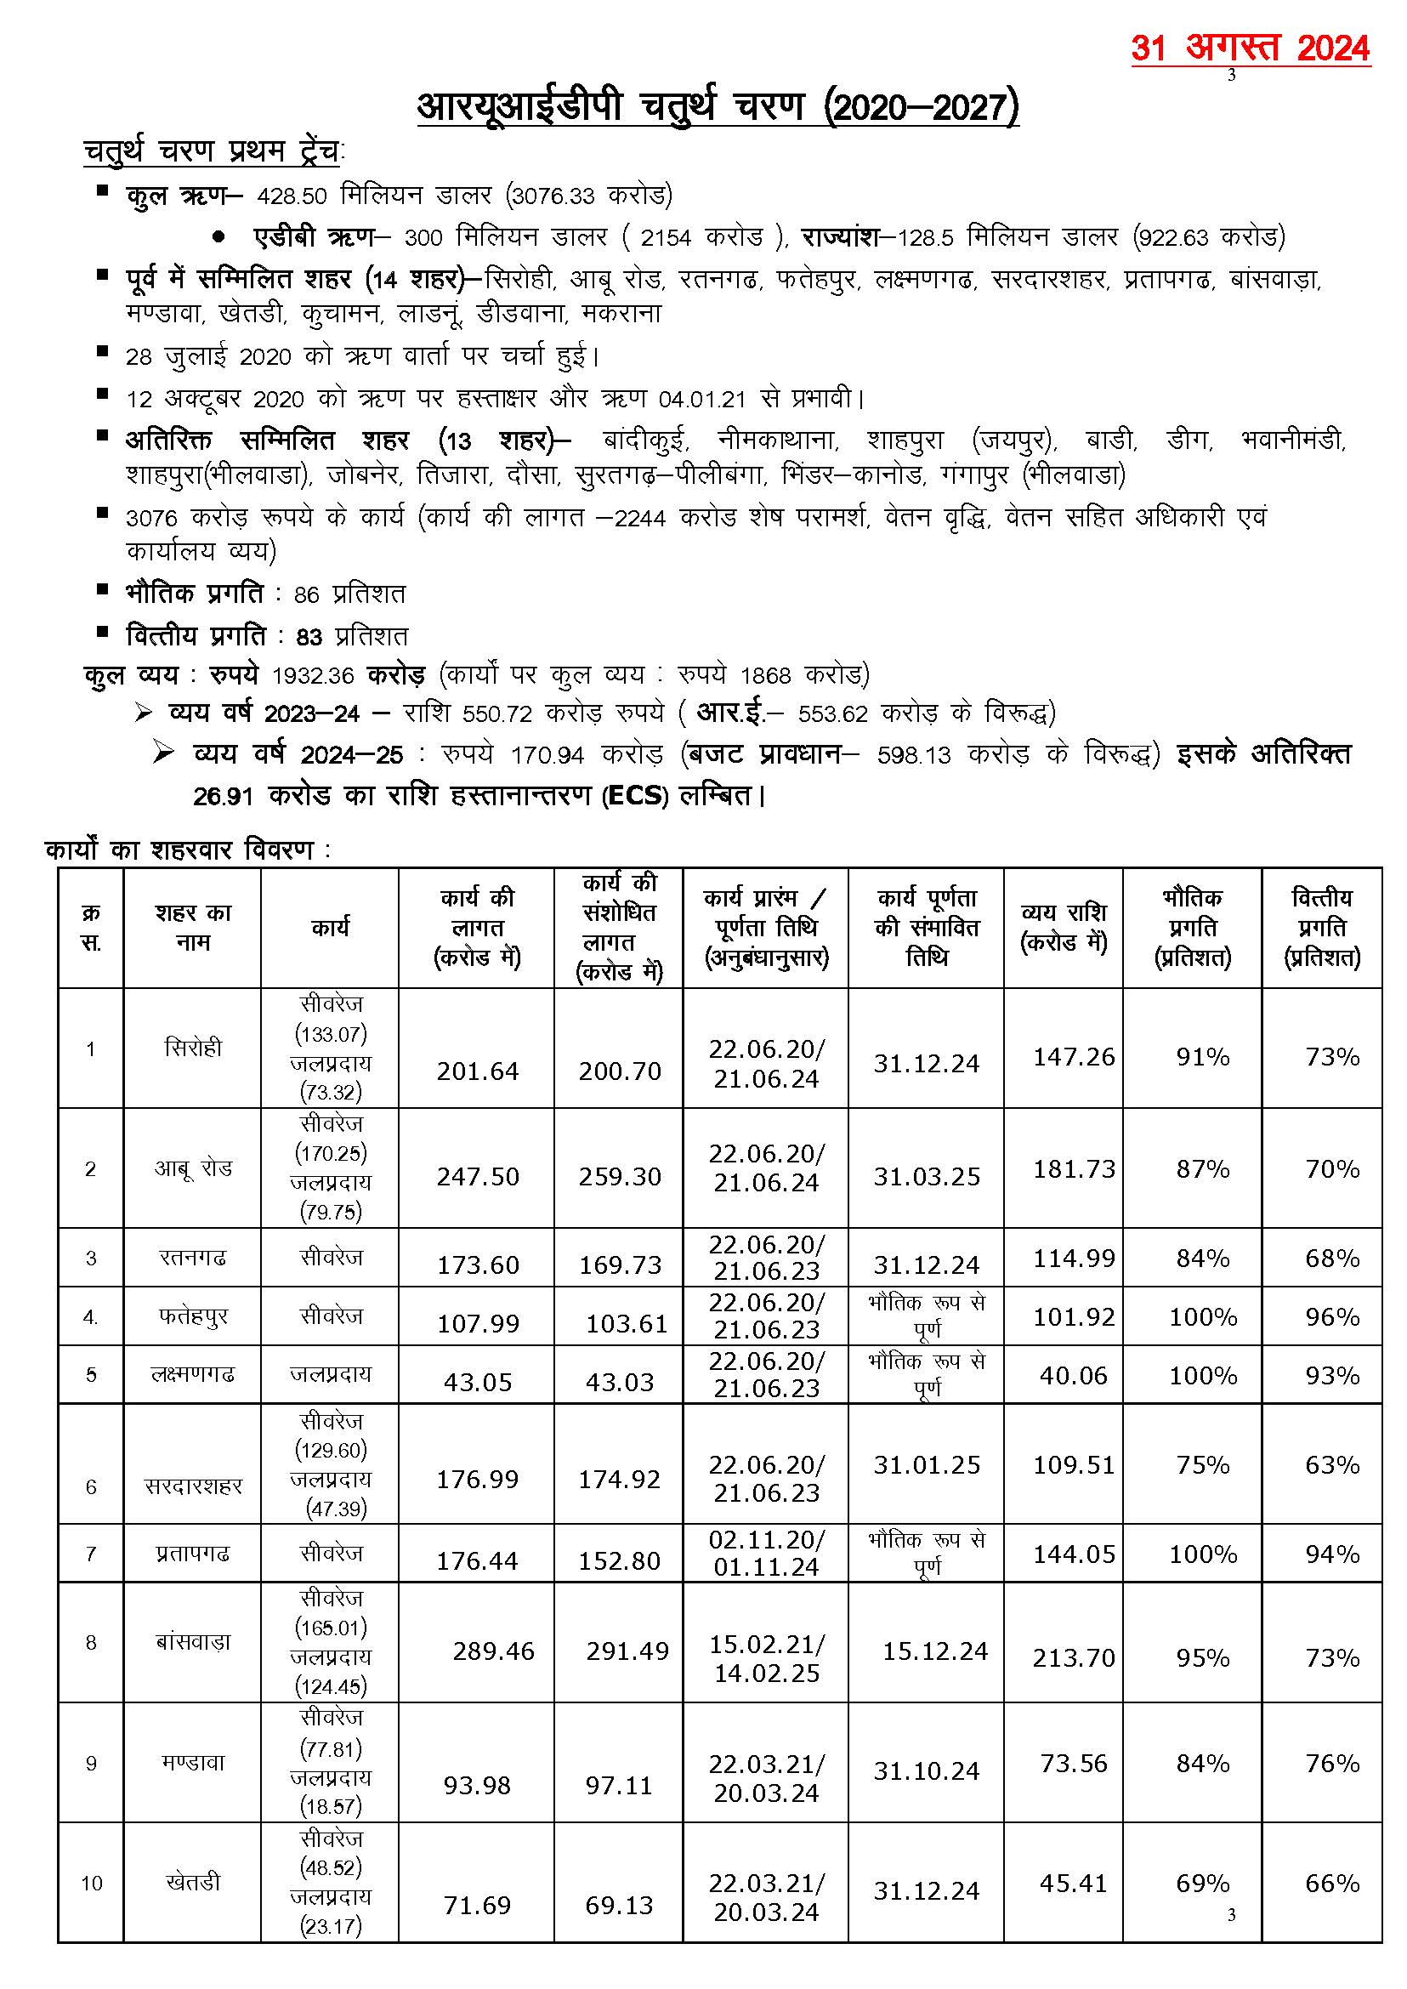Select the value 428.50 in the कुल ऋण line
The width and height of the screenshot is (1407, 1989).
click(x=291, y=196)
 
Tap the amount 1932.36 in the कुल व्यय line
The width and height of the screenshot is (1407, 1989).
click(x=315, y=675)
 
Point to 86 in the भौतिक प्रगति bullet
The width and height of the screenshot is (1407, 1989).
click(x=307, y=594)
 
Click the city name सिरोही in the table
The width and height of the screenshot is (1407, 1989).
click(x=192, y=1048)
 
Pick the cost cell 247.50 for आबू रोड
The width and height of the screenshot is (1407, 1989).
click(x=478, y=1176)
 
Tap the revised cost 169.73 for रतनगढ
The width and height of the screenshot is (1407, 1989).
click(x=620, y=1264)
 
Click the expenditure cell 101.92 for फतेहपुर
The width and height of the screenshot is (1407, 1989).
click(x=1074, y=1316)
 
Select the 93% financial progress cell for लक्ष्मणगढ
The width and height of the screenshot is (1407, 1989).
click(x=1331, y=1375)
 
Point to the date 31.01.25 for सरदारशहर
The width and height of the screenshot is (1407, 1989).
click(x=926, y=1464)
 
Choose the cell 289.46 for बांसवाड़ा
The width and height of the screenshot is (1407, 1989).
click(x=493, y=1651)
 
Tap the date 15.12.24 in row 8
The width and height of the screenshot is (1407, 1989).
click(x=935, y=1651)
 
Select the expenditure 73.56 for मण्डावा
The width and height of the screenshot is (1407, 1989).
click(x=1074, y=1763)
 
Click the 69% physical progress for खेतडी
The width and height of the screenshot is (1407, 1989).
click(x=1202, y=1883)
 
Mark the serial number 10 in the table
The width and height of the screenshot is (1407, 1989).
click(x=91, y=1883)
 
